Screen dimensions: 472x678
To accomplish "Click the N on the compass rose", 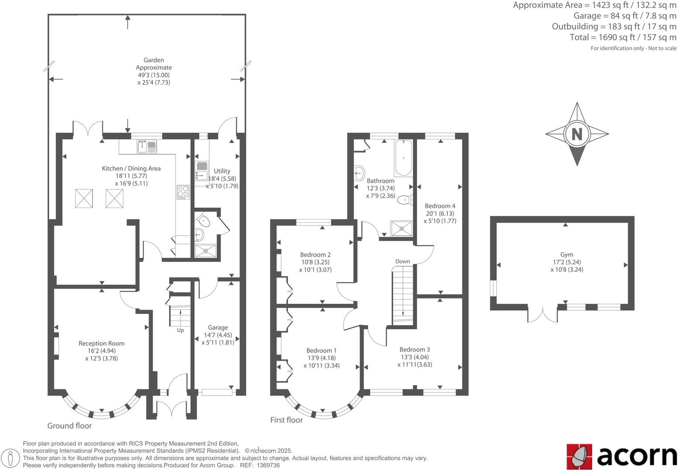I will pyautogui.click(x=577, y=134).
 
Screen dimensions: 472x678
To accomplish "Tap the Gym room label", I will pyautogui.click(x=567, y=254).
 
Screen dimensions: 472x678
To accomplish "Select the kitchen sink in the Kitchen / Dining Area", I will pyautogui.click(x=147, y=146).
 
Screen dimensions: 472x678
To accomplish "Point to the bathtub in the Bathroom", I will pyautogui.click(x=403, y=157).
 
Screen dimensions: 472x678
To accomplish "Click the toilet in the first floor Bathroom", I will pyautogui.click(x=405, y=200).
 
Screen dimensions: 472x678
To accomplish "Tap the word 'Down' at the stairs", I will pyautogui.click(x=402, y=261).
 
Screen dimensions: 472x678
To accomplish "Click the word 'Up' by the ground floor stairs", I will pyautogui.click(x=180, y=330).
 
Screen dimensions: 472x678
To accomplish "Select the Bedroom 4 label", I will pyautogui.click(x=440, y=206).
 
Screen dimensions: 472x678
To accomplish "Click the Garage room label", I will pyautogui.click(x=218, y=327).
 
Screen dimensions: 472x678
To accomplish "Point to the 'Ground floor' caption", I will pyautogui.click(x=69, y=426).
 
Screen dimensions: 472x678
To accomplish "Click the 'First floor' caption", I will pyautogui.click(x=286, y=420).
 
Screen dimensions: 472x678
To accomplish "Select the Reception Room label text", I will pyautogui.click(x=101, y=344).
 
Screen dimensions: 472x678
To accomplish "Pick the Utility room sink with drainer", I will pyautogui.click(x=202, y=171).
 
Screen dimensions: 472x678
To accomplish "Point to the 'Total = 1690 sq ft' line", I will pyautogui.click(x=623, y=38).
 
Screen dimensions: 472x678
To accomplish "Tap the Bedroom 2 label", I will pyautogui.click(x=315, y=255).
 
